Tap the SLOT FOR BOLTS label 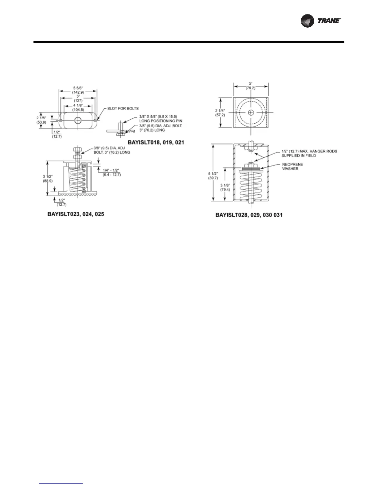tap(123, 108)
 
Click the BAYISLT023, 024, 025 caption tap(76, 214)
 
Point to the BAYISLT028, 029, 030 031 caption tap(249, 215)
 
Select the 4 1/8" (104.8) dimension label tap(78, 107)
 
